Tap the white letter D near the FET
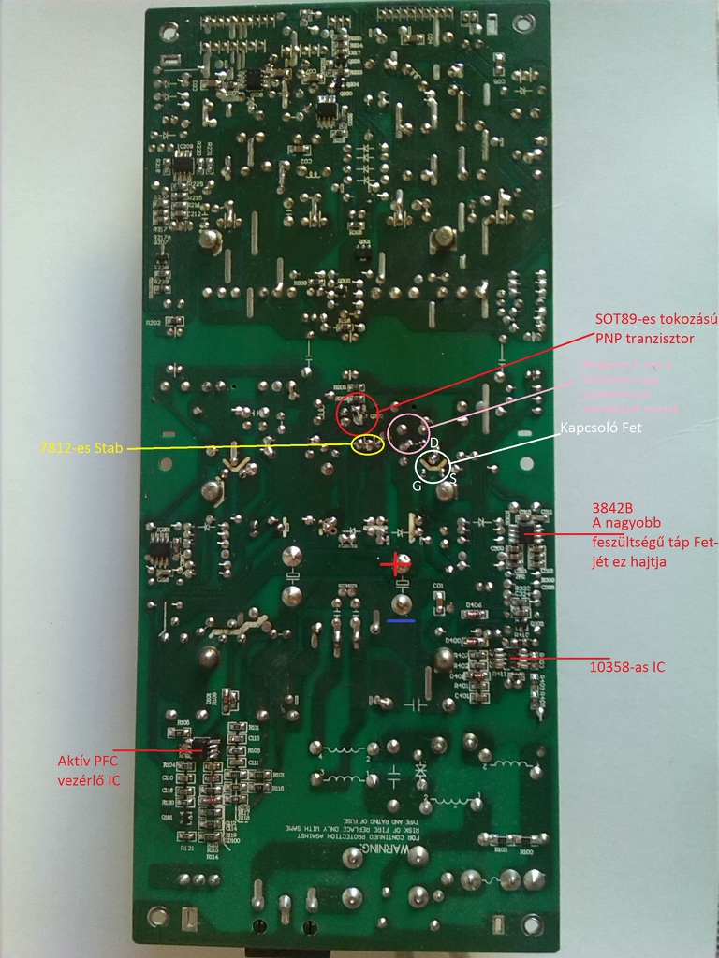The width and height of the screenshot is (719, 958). point(434,443)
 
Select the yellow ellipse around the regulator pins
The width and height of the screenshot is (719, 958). point(368,445)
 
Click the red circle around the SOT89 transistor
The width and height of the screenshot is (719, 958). point(357,413)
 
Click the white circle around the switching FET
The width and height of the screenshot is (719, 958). point(433,466)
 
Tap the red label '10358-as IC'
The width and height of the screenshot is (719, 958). point(627,668)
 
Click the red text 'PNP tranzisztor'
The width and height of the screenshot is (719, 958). point(649,337)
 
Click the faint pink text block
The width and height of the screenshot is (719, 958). point(630,386)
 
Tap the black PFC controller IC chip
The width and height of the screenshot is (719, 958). point(199,748)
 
